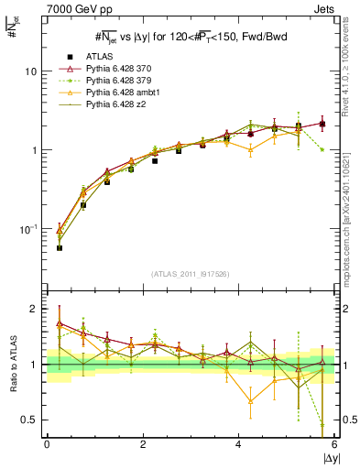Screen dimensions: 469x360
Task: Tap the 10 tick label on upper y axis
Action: pos(33,71)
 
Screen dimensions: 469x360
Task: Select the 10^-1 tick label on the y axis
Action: pos(31,228)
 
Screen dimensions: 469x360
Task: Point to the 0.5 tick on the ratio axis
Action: pos(33,420)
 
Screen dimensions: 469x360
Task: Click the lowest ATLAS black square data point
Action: pos(60,248)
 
